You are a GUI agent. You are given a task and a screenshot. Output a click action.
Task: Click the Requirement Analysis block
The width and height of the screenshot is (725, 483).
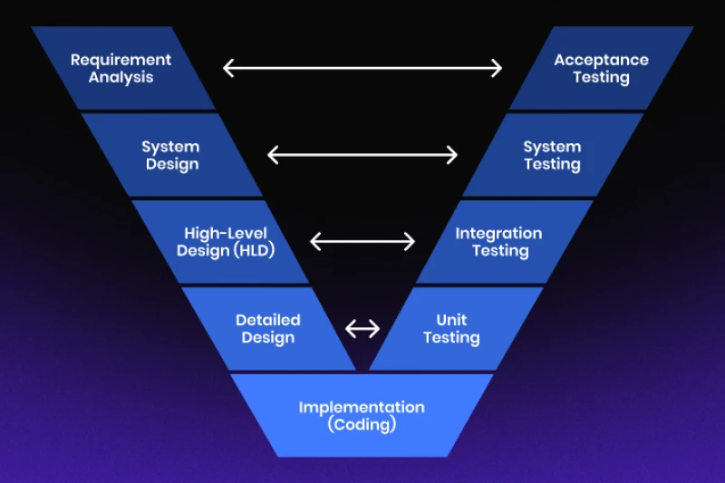121,68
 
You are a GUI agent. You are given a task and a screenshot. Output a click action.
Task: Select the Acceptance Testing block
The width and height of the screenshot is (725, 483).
601,68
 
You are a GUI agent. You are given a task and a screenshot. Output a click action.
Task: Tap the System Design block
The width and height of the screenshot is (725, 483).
171,155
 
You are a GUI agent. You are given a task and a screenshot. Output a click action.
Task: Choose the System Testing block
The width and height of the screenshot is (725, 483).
552,155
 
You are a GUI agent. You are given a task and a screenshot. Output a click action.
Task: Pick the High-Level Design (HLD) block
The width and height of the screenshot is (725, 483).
225,242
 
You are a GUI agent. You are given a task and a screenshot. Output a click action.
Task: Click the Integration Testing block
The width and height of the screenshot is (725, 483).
499,242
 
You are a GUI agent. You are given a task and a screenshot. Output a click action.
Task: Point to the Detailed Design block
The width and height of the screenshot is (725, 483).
268,328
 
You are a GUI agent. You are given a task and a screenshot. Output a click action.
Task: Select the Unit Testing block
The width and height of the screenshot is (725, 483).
451,328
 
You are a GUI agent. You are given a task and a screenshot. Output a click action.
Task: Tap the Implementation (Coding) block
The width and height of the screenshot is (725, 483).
362,415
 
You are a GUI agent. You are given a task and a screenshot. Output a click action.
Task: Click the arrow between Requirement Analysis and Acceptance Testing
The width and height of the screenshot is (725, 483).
362,68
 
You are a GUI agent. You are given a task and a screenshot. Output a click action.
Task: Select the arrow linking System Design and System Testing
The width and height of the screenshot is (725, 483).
362,155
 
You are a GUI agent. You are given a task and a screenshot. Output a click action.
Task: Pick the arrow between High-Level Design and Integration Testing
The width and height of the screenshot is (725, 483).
362,242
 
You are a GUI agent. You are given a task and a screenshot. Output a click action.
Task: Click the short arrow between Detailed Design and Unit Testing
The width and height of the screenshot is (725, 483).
362,328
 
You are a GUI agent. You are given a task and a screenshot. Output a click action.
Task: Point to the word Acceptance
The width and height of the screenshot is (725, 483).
601,60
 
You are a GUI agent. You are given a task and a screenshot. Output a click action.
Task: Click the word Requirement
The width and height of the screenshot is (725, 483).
121,60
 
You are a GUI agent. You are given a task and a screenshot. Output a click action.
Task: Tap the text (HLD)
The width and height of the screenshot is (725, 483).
254,251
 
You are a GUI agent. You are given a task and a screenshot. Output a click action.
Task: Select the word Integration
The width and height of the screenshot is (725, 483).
499,233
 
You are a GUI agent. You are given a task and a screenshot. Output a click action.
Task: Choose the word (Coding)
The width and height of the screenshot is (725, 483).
362,424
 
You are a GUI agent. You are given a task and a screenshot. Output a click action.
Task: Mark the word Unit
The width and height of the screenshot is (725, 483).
451,320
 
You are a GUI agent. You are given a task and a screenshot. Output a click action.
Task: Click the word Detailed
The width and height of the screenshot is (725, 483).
268,320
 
